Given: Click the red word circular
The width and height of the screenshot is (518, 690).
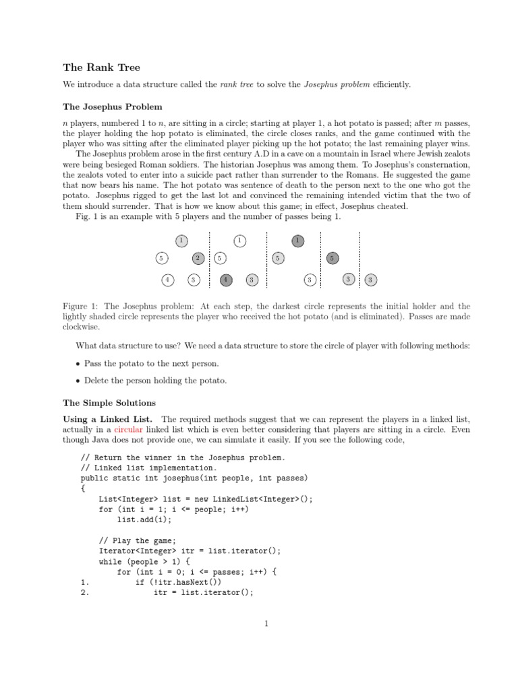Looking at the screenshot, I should [x=128, y=429].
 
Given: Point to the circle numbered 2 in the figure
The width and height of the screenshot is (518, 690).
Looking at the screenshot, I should [x=198, y=257].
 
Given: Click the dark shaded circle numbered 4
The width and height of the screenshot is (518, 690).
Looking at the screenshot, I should [x=227, y=280].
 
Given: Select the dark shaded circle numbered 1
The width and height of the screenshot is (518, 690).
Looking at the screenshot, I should [x=297, y=240].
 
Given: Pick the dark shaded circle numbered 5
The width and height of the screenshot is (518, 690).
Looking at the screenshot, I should [x=332, y=257].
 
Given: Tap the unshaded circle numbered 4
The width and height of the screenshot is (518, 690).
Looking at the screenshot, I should [x=167, y=280].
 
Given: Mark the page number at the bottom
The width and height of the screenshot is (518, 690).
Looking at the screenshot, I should [x=266, y=623].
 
